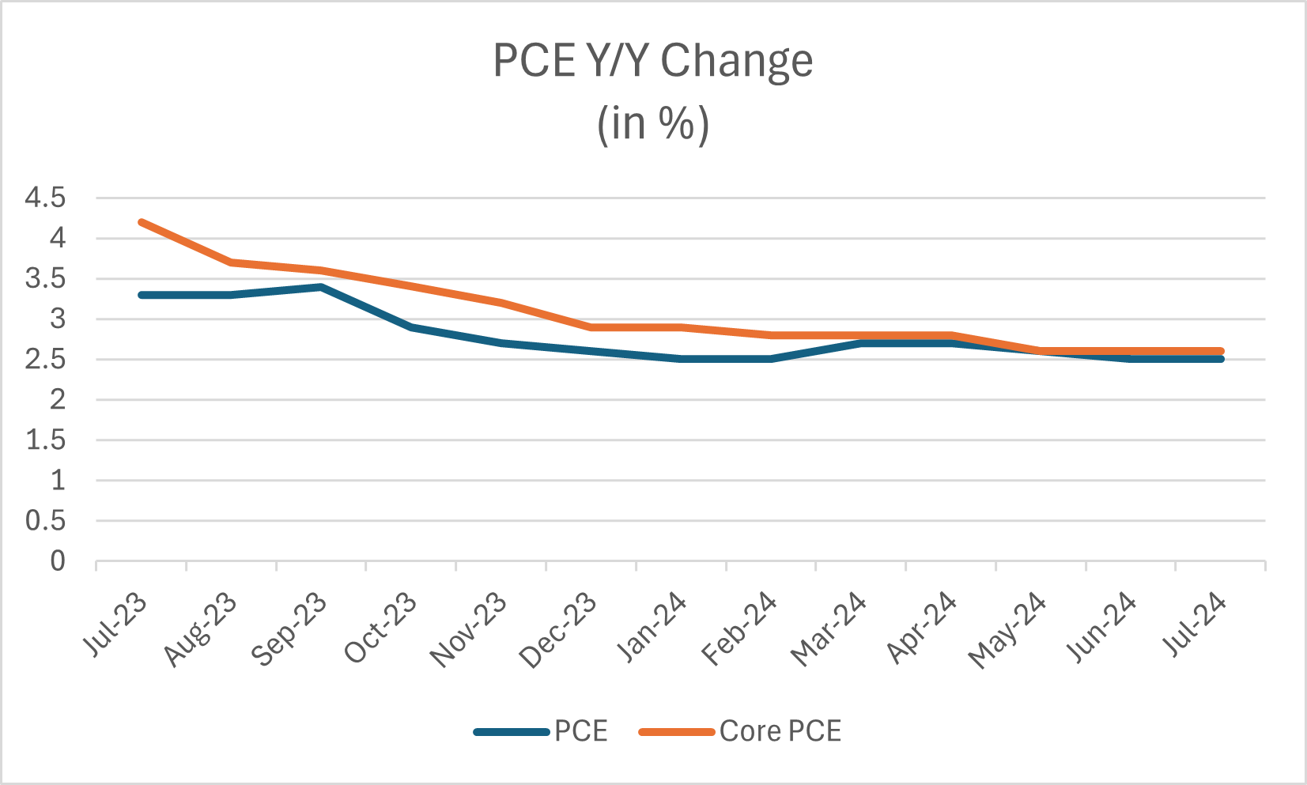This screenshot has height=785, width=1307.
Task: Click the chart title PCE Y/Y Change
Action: click(652, 61)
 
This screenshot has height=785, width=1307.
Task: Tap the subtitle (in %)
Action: click(652, 124)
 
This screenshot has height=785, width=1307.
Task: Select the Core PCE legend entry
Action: click(780, 731)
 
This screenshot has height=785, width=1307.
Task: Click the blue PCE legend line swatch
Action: click(512, 732)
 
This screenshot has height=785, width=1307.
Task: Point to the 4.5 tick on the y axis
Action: click(45, 198)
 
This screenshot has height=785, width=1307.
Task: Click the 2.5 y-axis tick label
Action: click(45, 360)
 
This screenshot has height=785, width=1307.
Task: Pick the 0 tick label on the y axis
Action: click(58, 561)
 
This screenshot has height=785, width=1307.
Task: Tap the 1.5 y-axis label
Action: click(45, 440)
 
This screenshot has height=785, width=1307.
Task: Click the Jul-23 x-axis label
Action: click(115, 625)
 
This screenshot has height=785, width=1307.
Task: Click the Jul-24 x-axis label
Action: click(1195, 625)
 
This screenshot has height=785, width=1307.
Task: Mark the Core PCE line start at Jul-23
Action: click(142, 222)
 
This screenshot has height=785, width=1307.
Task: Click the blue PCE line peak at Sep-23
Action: click(321, 287)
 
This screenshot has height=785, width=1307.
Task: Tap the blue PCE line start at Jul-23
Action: click(142, 295)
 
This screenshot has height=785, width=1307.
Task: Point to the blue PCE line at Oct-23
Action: click(411, 327)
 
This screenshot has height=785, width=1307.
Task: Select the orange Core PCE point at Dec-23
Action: click(591, 327)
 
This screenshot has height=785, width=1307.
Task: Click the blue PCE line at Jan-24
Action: click(681, 359)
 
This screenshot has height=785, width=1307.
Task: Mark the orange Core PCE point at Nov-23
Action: click(501, 303)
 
